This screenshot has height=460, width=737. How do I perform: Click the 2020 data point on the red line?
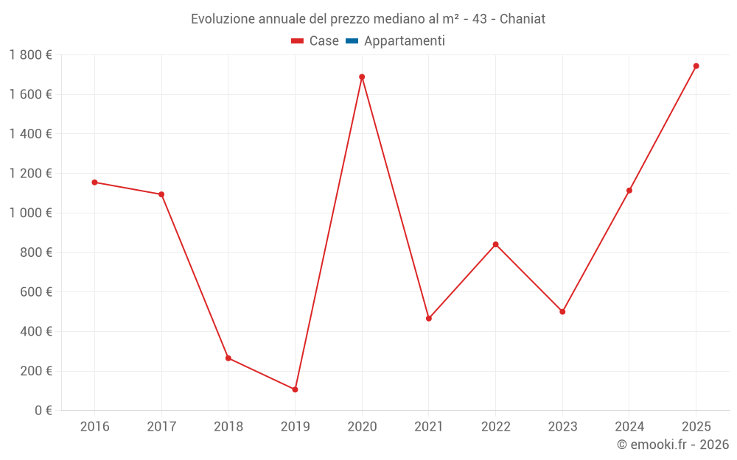pyautogui.click(x=362, y=77)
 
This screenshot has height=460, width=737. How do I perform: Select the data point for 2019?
pyautogui.click(x=295, y=389)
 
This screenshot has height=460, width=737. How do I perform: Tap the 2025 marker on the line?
pyautogui.click(x=696, y=66)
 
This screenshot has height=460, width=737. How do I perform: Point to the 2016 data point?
pyautogui.click(x=94, y=183)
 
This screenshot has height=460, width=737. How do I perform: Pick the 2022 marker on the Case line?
pyautogui.click(x=495, y=244)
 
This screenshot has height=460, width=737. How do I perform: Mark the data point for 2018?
pyautogui.click(x=228, y=358)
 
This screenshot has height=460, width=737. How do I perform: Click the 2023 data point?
pyautogui.click(x=562, y=312)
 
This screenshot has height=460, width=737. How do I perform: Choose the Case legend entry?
pyautogui.click(x=315, y=41)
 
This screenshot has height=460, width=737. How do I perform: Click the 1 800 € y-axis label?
pyautogui.click(x=30, y=55)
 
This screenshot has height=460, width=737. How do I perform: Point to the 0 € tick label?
pyautogui.click(x=41, y=411)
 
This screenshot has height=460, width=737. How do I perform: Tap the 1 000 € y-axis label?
pyautogui.click(x=30, y=213)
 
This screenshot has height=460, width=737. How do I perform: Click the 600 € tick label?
pyautogui.click(x=35, y=292)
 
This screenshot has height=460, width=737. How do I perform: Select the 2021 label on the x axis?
pyautogui.click(x=429, y=426)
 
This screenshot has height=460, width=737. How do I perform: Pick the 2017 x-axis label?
pyautogui.click(x=161, y=426)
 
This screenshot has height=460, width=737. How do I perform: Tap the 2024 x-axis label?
pyautogui.click(x=629, y=426)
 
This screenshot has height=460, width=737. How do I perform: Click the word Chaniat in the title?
pyautogui.click(x=523, y=19)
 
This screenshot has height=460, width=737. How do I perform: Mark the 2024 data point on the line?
pyautogui.click(x=629, y=191)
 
